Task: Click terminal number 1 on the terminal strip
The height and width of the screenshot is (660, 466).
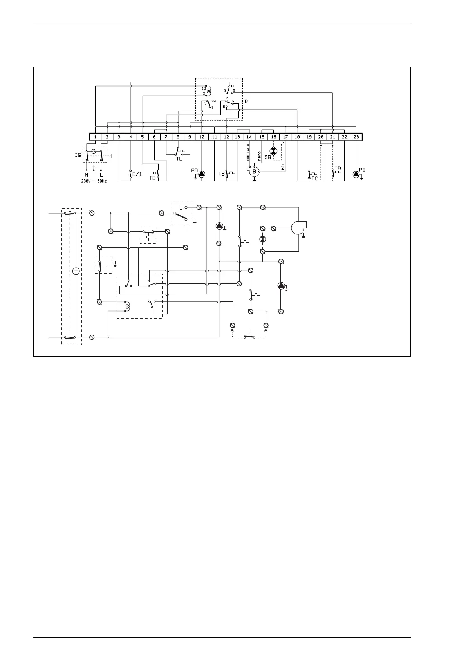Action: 95,137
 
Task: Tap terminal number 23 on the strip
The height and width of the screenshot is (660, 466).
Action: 356,137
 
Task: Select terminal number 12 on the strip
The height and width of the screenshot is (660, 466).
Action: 226,137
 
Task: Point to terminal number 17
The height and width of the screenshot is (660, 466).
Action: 285,137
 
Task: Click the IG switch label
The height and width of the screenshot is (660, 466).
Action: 78,155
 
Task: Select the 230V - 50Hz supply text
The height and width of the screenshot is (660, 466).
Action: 94,181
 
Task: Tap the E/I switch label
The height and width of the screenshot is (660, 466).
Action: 137,174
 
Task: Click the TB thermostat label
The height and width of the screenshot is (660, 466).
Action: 152,178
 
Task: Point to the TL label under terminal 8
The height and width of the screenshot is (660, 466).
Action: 179,159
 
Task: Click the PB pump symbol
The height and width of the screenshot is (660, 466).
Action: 201,174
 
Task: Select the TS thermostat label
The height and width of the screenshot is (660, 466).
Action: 222,174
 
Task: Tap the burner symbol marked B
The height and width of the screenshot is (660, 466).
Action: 254,171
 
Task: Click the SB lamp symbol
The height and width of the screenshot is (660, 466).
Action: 274,151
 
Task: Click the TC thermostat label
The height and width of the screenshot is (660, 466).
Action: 314,178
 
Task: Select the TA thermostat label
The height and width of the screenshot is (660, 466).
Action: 338,167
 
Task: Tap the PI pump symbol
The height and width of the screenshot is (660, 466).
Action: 356,174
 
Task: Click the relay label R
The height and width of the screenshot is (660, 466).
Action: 246,101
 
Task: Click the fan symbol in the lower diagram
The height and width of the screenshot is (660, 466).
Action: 299,227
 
